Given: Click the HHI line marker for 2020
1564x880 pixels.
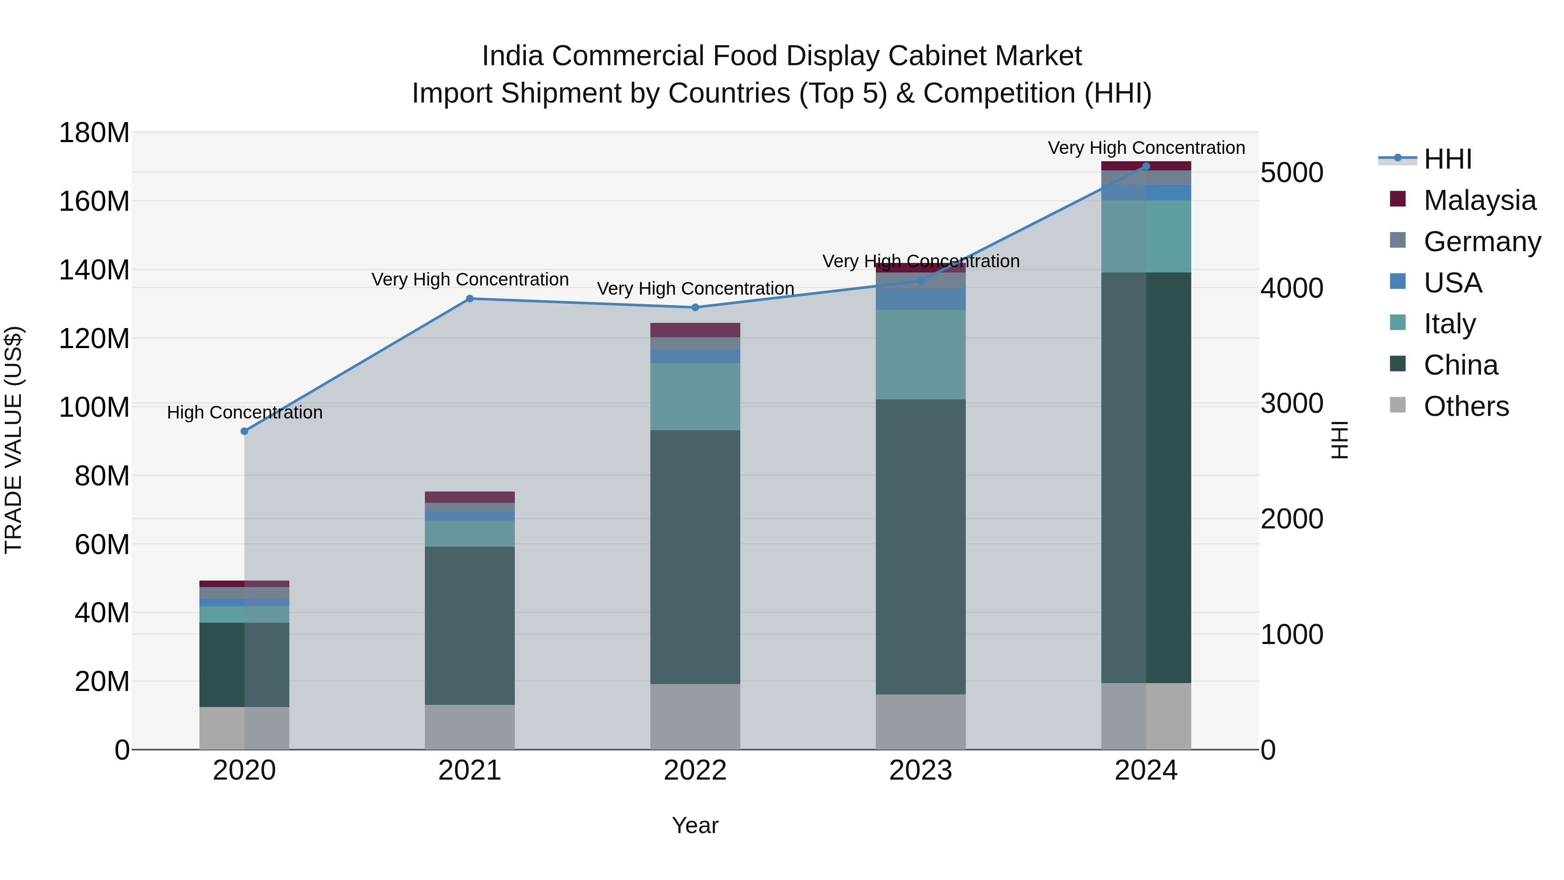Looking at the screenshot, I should click(x=245, y=431).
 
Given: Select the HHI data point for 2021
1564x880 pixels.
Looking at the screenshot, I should click(x=470, y=299).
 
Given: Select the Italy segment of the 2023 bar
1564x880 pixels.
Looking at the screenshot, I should click(x=921, y=355).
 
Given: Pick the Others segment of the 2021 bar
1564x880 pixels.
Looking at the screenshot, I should click(x=470, y=727).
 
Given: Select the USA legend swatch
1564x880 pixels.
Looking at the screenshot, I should click(x=1398, y=282).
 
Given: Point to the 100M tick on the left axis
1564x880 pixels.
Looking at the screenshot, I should click(x=94, y=407).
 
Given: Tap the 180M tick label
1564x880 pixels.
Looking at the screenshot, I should click(x=94, y=133).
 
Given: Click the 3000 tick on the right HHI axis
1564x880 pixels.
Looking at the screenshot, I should click(x=1292, y=404).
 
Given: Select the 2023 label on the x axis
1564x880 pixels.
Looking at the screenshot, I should click(x=921, y=770).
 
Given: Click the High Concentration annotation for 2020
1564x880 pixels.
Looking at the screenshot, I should click(x=245, y=412).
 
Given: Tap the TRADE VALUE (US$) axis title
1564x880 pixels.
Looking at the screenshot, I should click(x=14, y=440).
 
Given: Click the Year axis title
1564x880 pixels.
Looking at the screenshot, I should click(x=695, y=825).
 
